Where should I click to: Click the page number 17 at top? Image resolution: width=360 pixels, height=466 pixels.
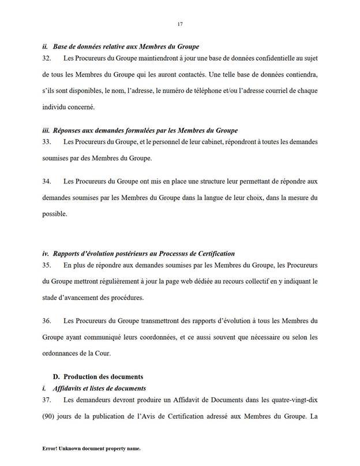click(x=180, y=24)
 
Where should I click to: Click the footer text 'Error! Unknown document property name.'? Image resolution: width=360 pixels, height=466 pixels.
click(x=92, y=448)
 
